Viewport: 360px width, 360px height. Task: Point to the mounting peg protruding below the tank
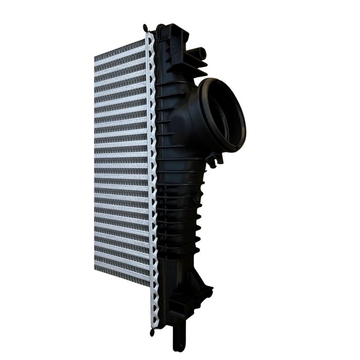[179, 336]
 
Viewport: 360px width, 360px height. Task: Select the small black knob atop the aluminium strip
[147, 28]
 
